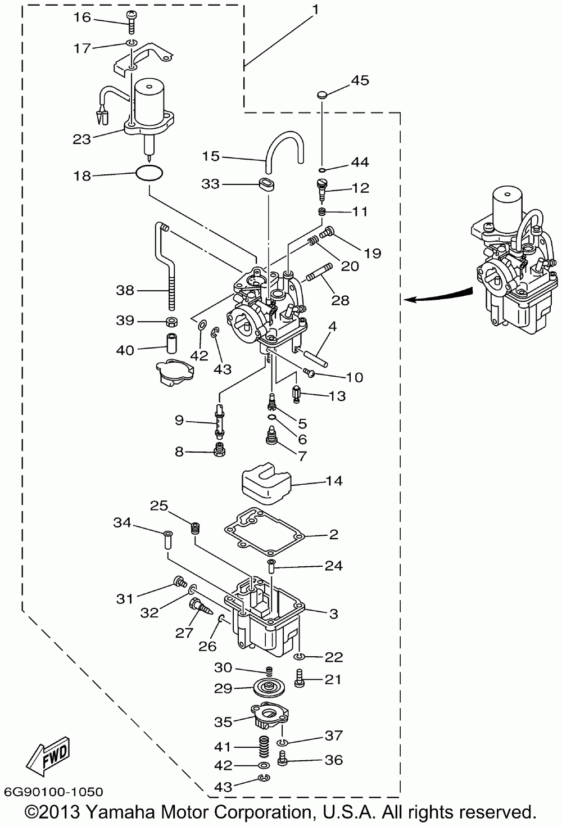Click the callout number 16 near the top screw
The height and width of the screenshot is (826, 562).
pyautogui.click(x=82, y=17)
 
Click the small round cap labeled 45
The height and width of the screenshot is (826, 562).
pyautogui.click(x=321, y=95)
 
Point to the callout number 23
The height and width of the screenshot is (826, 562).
pyautogui.click(x=82, y=139)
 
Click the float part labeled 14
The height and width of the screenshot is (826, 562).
pyautogui.click(x=266, y=482)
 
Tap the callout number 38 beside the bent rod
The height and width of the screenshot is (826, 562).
pyautogui.click(x=125, y=290)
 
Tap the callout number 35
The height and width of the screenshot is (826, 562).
pyautogui.click(x=223, y=722)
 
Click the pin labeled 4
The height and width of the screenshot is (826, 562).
pyautogui.click(x=316, y=357)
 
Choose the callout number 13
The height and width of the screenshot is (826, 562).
pyautogui.click(x=337, y=396)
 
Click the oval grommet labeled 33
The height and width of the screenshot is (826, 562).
pyautogui.click(x=266, y=184)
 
